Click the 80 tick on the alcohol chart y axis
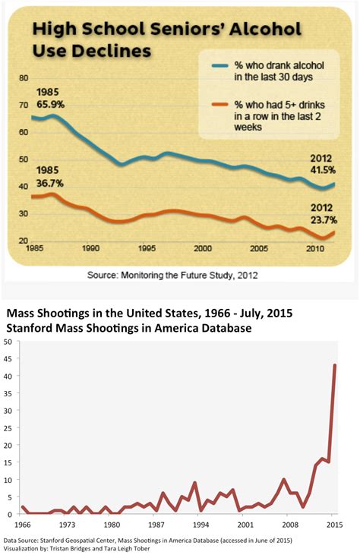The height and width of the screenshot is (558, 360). click(23, 77)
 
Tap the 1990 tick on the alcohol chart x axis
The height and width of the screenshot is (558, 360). click(90, 248)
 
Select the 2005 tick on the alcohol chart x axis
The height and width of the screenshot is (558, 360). click(259, 248)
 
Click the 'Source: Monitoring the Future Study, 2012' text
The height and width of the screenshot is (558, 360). click(172, 276)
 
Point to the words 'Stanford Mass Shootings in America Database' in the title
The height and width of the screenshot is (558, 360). click(130, 328)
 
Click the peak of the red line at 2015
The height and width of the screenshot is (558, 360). click(335, 365)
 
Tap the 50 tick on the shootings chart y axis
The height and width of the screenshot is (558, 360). click(8, 342)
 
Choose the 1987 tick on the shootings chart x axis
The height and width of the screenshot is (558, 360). click(156, 525)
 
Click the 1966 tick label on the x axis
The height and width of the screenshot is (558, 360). click(23, 525)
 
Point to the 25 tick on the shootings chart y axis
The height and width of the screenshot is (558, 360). click(8, 428)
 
